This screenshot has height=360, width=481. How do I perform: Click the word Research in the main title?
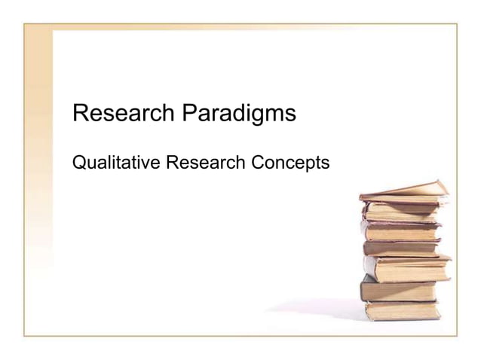click(124, 114)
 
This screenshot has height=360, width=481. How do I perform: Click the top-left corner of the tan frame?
click(24, 24)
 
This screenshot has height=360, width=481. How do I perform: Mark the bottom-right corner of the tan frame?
click(457, 335)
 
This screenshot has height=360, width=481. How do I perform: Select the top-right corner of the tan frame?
click(457, 24)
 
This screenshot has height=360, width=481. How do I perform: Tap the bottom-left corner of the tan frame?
click(24, 335)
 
